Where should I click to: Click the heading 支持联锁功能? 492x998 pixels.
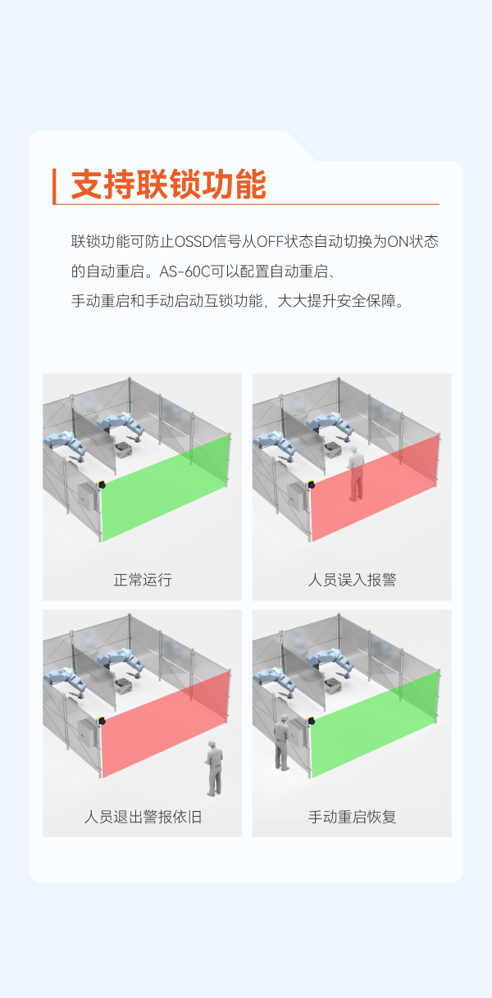[168, 185]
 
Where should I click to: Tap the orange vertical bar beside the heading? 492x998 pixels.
[54, 186]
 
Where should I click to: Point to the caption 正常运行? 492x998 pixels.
[142, 580]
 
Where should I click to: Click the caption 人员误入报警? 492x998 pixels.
[352, 580]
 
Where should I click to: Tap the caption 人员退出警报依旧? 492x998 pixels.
[142, 817]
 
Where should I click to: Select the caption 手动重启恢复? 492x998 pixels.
[352, 817]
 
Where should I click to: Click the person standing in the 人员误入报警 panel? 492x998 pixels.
[355, 474]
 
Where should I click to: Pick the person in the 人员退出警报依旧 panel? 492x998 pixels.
[214, 768]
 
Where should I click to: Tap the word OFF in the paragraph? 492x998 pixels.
[268, 241]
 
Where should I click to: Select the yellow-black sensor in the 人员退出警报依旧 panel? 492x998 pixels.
[102, 721]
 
